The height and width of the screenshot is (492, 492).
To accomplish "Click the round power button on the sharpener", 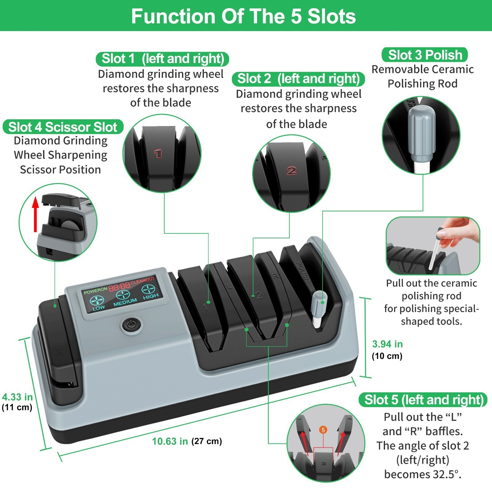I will click(131, 324).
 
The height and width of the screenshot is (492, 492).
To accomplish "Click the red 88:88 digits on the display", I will click(119, 287).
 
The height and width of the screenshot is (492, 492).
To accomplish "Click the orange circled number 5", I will click(323, 430).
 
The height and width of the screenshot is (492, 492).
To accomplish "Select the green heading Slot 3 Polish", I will click(425, 55).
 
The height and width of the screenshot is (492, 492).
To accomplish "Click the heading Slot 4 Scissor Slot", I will click(63, 127).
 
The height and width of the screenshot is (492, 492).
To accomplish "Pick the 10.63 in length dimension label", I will click(170, 441).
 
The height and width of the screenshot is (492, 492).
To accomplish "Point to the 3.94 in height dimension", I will click(387, 344).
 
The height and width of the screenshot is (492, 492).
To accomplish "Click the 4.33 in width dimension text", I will click(18, 397).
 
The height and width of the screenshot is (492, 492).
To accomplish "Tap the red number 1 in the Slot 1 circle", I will click(158, 153).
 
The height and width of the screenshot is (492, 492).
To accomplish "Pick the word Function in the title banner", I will click(173, 16).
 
